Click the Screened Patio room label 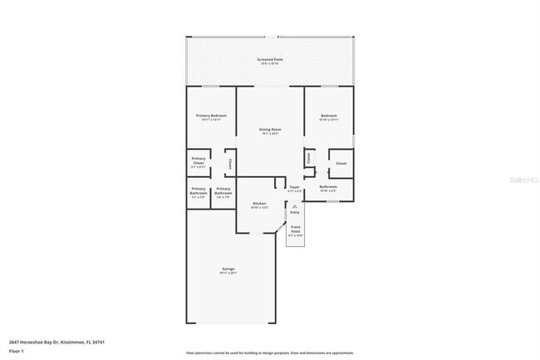click(269, 60)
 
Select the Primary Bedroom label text click(211, 115)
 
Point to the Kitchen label click(258, 203)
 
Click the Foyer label click(294, 187)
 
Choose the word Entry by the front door click(294, 212)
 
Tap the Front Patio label click(295, 229)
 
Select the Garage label click(228, 269)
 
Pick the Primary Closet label click(198, 160)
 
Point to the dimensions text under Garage click(228, 273)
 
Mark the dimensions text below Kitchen click(258, 208)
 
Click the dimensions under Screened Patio click(269, 64)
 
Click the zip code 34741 click(99, 341)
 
